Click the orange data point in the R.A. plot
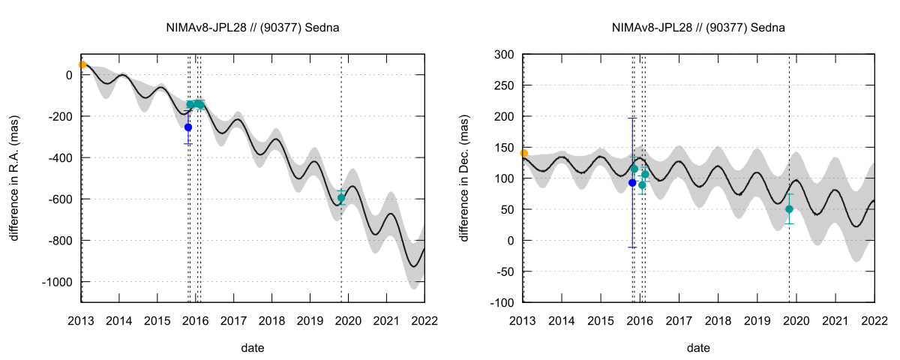coord(82,65)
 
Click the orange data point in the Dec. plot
coord(524,153)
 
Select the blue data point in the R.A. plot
coord(188,127)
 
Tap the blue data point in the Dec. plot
coord(632,182)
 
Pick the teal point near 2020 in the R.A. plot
coord(341,198)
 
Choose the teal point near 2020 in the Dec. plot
coord(789,209)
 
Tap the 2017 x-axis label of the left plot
coord(234,321)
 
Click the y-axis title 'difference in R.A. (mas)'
coord(14,178)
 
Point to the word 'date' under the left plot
coord(253,348)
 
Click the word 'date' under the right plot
coord(698,348)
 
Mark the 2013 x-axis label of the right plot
coord(523,321)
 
